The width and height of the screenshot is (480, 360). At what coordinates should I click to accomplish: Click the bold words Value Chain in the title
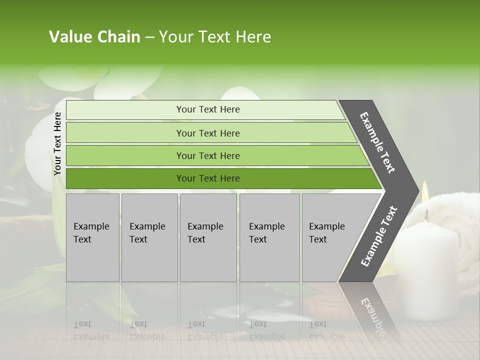click(x=94, y=37)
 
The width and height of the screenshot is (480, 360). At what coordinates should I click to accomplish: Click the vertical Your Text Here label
click(x=57, y=143)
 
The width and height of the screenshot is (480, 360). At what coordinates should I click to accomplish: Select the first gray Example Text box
click(x=92, y=237)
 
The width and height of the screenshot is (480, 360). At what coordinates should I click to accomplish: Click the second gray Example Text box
click(x=149, y=237)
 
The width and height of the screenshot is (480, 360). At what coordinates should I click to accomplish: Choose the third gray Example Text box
click(x=208, y=237)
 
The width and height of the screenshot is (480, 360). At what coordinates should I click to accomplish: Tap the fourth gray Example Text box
click(x=269, y=237)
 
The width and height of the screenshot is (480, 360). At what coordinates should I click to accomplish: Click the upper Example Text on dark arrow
click(x=377, y=142)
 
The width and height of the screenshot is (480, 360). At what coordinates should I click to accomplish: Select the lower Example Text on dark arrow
click(x=378, y=236)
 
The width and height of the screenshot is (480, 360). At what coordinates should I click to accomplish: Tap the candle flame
click(x=425, y=191)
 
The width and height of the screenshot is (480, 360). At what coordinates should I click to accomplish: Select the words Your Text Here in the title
click(x=214, y=37)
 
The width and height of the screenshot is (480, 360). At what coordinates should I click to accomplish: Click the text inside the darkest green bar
click(x=208, y=178)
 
